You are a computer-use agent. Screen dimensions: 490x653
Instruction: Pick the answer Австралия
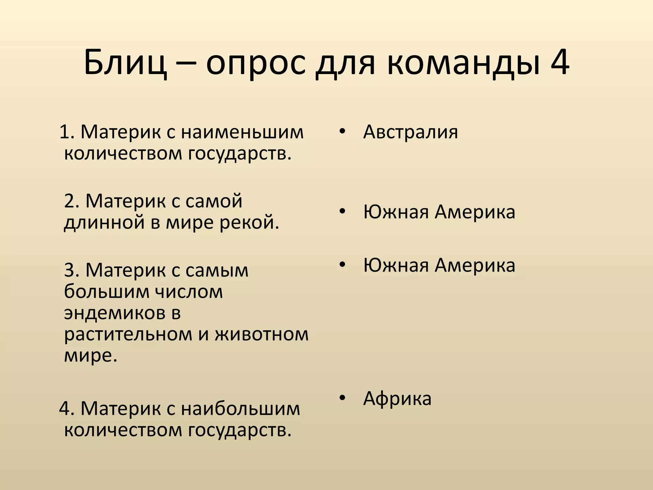410,132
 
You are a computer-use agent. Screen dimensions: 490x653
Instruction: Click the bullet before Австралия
342,131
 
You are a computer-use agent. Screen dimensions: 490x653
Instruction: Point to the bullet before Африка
342,398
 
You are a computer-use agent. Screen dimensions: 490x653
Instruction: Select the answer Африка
397,398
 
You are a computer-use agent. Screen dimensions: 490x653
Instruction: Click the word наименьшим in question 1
242,132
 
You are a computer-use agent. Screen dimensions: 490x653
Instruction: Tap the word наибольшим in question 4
241,408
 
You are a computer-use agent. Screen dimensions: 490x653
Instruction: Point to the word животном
261,334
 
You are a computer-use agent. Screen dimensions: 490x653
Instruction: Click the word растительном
128,334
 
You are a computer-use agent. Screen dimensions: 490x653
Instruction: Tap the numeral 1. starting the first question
67,132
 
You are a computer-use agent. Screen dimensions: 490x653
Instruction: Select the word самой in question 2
214,201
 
